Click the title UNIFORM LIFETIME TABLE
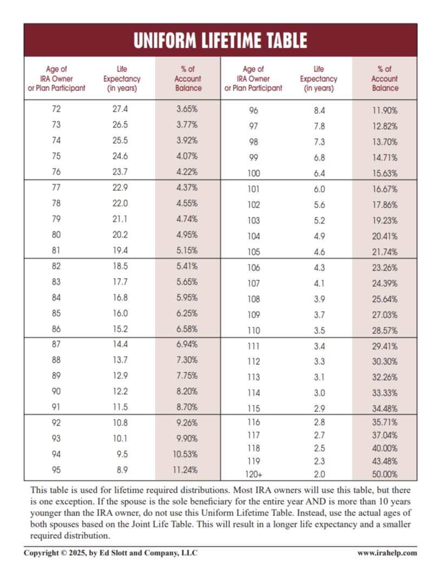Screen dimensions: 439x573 [220, 40]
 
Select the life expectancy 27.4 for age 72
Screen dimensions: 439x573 [120, 109]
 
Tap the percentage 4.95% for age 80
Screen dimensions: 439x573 [187, 235]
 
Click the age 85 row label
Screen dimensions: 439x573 [56, 313]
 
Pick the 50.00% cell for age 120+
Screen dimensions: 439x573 [385, 474]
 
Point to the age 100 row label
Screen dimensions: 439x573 [254, 173]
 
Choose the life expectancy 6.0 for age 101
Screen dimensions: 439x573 [319, 189]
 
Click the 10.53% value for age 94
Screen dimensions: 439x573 [185, 454]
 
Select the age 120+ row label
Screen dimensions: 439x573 [254, 474]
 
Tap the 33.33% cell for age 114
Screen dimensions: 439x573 [385, 393]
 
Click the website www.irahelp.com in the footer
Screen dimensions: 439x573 [387, 553]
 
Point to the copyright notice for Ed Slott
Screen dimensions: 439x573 [110, 553]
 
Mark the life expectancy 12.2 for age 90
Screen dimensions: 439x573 [120, 391]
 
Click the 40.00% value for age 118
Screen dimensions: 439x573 [385, 448]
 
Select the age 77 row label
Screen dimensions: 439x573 [56, 188]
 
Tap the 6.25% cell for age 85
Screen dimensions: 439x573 [187, 313]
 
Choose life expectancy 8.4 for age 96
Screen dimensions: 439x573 [319, 111]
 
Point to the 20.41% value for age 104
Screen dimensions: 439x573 [385, 236]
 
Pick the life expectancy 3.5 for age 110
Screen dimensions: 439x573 [319, 330]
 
